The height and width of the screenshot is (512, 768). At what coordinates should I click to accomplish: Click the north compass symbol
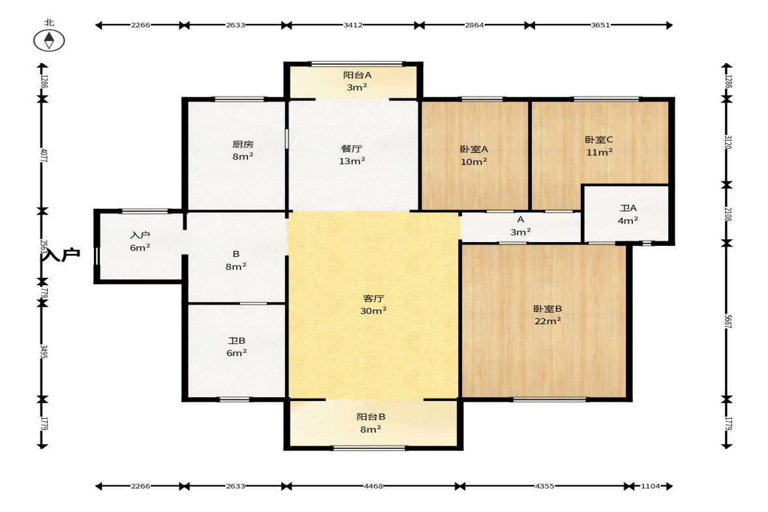pos(49,40)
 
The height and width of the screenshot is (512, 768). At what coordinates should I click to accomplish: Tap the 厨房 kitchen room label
pos(243,150)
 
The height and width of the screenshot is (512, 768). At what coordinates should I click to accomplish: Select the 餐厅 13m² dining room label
pos(352,155)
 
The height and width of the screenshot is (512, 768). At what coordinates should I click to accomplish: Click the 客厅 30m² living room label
pos(373,305)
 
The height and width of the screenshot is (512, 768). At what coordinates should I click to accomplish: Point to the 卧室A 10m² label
pos(474,155)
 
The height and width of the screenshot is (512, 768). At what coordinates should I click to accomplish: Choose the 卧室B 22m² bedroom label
pos(547,315)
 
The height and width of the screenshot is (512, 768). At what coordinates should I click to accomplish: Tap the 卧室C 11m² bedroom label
pos(599,146)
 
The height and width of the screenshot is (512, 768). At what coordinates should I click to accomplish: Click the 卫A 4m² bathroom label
pos(628,215)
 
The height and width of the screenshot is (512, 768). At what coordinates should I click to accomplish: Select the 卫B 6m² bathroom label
pos(237,346)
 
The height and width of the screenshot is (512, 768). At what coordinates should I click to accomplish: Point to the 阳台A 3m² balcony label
pos(357,81)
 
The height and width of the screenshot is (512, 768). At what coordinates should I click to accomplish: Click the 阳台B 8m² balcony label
pos(371,423)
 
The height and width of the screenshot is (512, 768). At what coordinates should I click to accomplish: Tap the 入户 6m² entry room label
pos(140,241)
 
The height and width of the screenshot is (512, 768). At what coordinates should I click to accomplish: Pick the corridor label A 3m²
pos(521,226)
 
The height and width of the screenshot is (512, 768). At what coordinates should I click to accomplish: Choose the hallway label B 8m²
pos(236,260)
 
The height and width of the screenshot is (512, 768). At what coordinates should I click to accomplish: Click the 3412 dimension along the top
pos(352,25)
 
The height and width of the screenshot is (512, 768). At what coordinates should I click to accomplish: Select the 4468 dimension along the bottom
pos(373,486)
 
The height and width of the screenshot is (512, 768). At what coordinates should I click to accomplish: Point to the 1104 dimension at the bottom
pos(651,486)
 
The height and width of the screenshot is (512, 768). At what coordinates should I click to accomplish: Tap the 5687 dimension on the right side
pos(728,321)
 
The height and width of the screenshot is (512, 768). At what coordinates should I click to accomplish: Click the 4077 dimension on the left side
pos(44,156)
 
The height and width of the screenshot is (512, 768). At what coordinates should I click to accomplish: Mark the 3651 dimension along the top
pos(600,25)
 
